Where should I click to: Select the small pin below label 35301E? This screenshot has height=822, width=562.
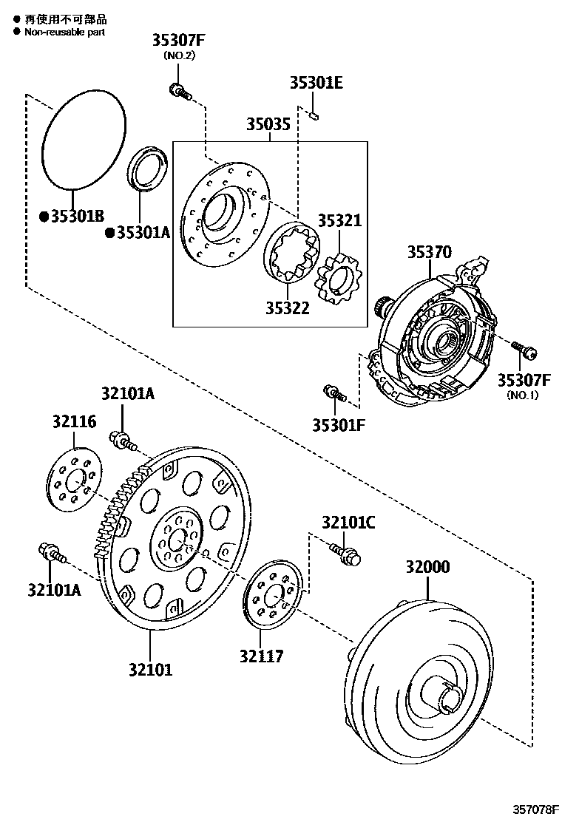314,115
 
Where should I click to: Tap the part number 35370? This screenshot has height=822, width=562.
428,251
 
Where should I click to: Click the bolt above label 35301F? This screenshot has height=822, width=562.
334,393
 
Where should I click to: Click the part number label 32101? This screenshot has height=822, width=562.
150,670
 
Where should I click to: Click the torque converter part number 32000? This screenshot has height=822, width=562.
427,567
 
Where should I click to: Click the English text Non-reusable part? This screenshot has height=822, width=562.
65,32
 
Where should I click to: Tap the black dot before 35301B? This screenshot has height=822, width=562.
44,216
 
